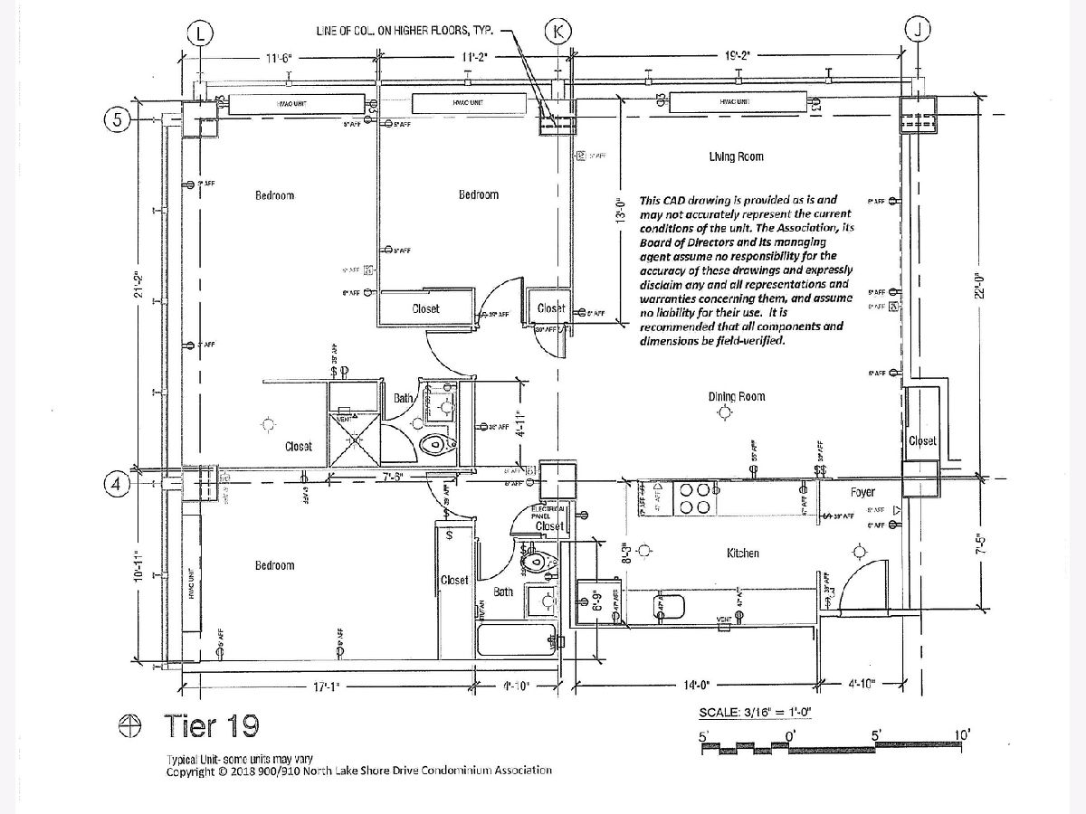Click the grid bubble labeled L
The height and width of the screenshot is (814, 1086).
pos(199,33)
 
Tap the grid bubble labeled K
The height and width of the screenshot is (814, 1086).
pos(558,33)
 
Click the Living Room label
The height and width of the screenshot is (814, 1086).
pos(736,156)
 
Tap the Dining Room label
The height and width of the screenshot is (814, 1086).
pos(737,396)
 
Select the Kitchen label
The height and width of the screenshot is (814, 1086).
pos(742,553)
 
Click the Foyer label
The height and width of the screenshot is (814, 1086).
pos(862,493)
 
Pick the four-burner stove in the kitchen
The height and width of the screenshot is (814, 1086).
pos(694,497)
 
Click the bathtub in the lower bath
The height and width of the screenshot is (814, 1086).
pos(514,641)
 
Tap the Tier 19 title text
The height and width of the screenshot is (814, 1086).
pos(211,725)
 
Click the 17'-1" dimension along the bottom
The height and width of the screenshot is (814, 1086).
pos(326,687)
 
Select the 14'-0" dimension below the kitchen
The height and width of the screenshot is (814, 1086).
pos(696,686)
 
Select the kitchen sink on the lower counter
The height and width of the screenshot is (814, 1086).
pos(668,603)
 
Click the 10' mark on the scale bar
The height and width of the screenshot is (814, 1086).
pos(961,734)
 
